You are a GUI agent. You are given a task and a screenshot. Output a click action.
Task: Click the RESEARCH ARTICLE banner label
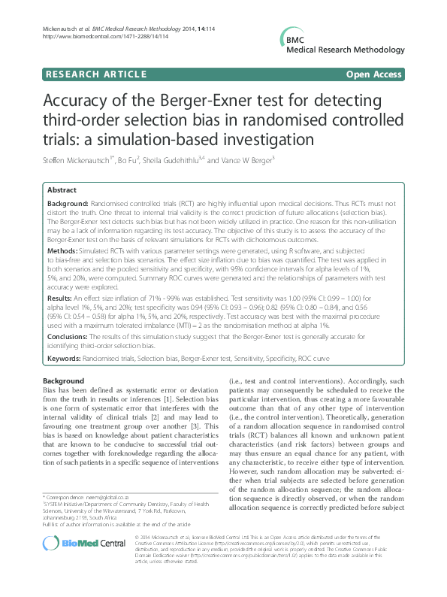95,74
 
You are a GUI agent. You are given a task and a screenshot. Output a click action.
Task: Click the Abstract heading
63,191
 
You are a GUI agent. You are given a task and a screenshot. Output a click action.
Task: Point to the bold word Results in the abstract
63,298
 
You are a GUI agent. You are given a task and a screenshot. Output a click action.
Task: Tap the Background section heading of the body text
63,382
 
